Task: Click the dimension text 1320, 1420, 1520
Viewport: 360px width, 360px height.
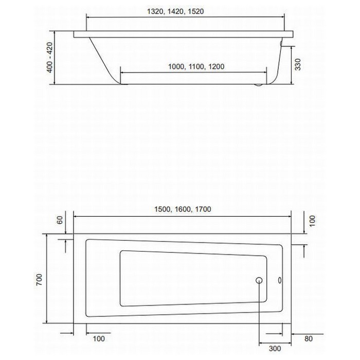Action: pos(175,11)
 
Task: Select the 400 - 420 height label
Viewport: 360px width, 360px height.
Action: pos(50,58)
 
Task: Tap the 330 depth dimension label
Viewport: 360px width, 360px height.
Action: pos(298,64)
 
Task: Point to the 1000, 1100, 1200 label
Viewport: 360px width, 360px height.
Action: pos(196,66)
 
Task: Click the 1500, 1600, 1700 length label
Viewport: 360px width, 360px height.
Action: pos(183,209)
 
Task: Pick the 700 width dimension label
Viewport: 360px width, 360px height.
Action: pos(39,280)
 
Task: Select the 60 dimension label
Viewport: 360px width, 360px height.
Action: pos(60,220)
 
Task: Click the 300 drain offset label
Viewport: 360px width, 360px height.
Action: pos(275,349)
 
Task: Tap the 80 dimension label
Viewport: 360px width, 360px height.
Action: pos(309,338)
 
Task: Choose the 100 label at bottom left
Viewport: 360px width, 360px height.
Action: pos(99,338)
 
